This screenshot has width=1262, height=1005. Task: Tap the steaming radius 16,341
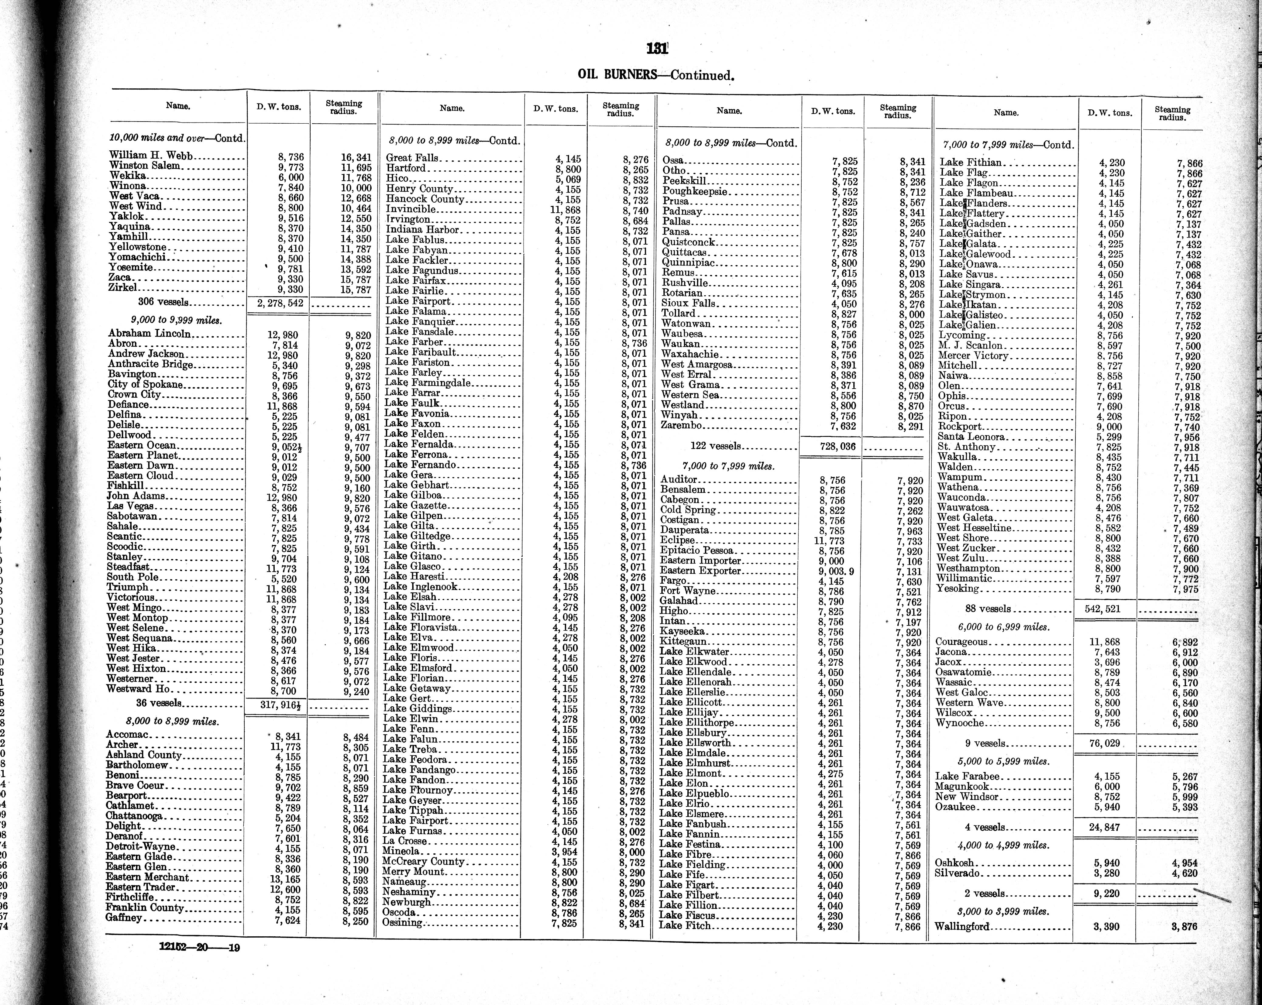tap(356, 157)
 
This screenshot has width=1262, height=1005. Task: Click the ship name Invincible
tap(410, 209)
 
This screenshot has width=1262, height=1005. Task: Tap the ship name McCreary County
tap(423, 862)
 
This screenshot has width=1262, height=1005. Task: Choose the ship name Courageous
tap(961, 642)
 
